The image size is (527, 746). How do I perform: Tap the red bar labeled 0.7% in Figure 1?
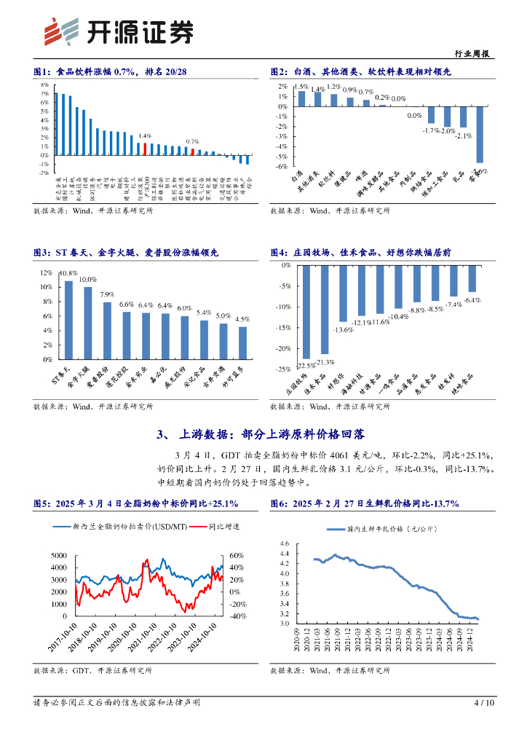point(192,152)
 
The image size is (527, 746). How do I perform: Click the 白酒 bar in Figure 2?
point(301,98)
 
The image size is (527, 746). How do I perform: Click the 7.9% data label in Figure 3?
point(107,295)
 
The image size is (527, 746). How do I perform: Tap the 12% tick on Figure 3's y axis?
point(46,273)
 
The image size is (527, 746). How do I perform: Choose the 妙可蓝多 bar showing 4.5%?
point(242,342)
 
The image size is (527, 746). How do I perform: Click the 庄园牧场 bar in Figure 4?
point(307,311)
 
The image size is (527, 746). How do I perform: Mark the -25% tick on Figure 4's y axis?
point(282,369)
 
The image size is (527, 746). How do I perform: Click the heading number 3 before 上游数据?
point(161,435)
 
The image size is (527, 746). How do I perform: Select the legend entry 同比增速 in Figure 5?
point(223,525)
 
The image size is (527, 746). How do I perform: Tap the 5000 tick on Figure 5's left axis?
point(60,556)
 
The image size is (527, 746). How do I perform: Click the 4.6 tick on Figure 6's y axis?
point(284,543)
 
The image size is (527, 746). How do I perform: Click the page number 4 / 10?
point(483,703)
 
